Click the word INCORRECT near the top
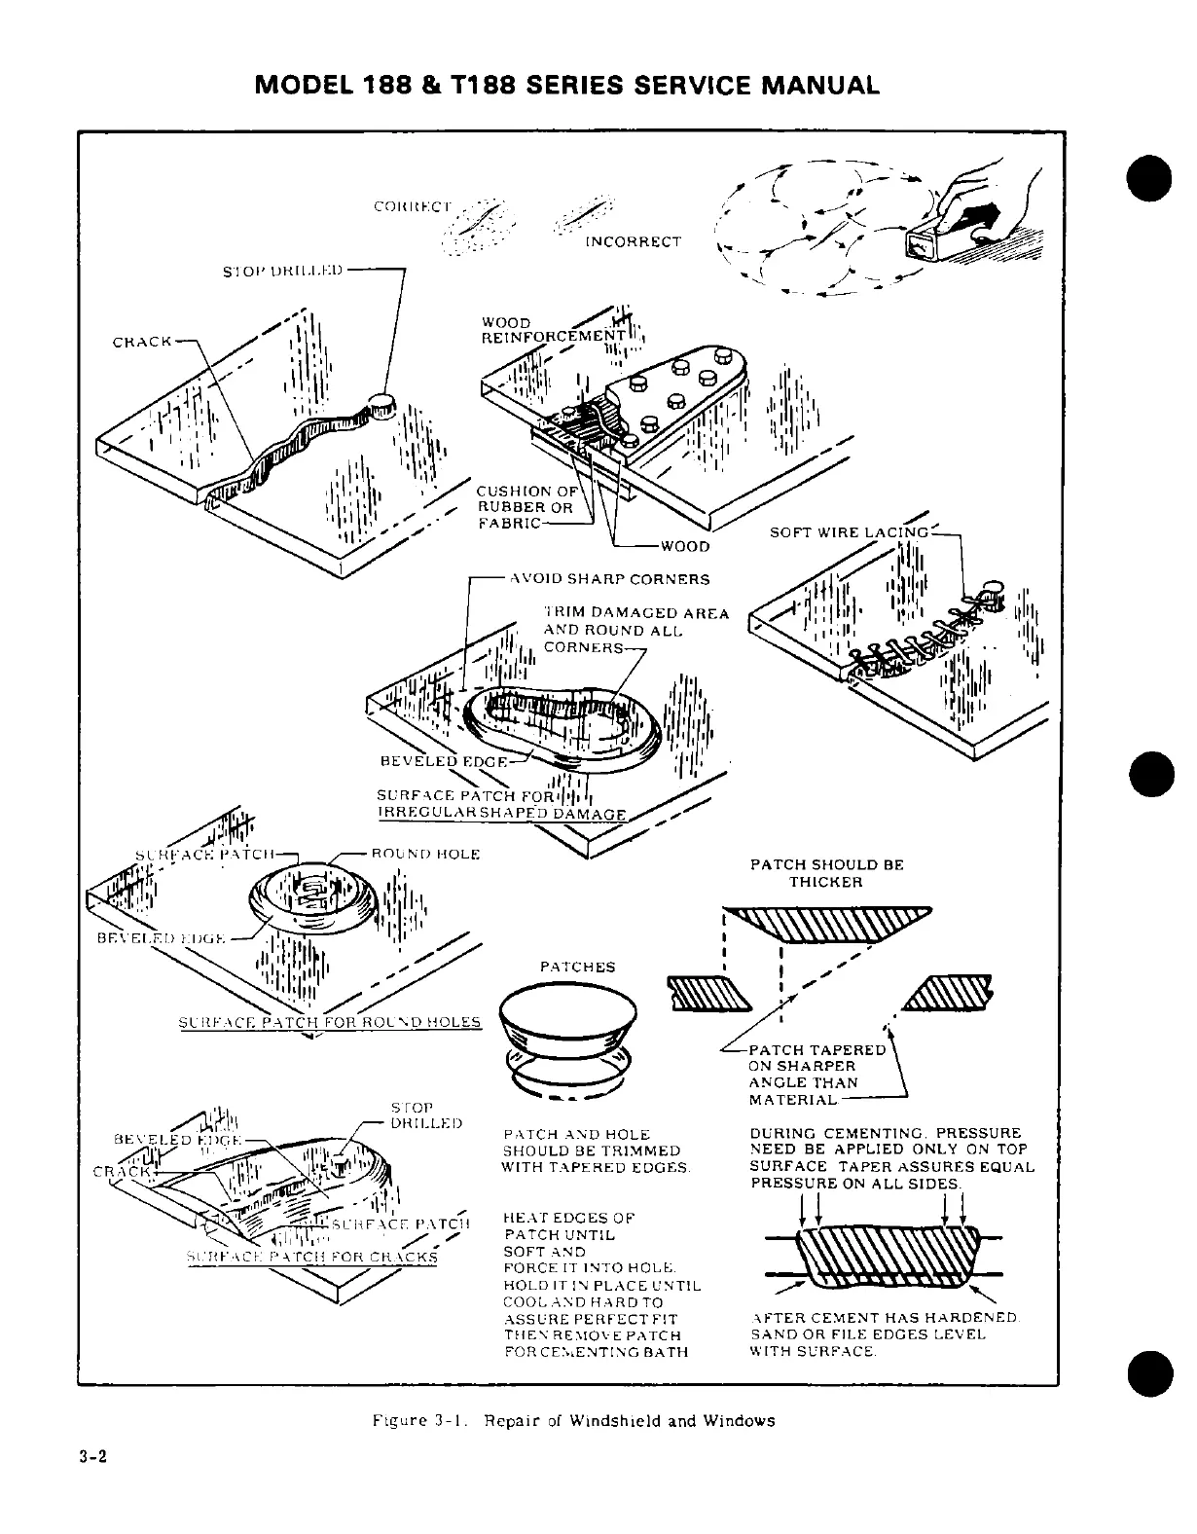pos(633,241)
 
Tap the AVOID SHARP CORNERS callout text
pos(610,579)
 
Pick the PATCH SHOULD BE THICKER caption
pos(826,873)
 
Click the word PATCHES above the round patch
pos(577,967)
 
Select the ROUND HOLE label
pos(426,854)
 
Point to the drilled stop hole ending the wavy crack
pos(381,404)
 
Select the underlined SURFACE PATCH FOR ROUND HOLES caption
pos(331,1022)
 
